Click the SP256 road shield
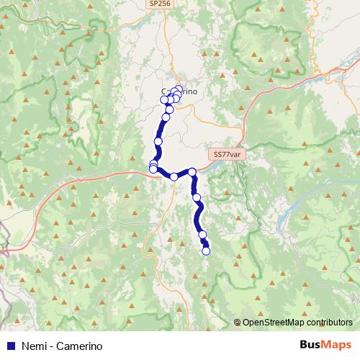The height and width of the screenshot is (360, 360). tap(160, 4)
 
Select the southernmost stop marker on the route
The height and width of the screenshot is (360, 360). tap(206, 251)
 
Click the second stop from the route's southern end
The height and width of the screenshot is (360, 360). tap(202, 235)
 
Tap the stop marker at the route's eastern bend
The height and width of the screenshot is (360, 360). tap(192, 171)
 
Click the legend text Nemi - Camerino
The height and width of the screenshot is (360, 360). tap(61, 346)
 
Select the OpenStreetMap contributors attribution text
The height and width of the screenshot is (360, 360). tap(297, 323)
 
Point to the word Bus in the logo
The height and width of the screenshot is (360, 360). tap(311, 345)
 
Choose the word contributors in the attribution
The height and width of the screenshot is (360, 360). tap(328, 323)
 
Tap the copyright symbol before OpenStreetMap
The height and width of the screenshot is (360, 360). tap(237, 323)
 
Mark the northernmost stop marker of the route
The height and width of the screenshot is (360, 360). tap(179, 89)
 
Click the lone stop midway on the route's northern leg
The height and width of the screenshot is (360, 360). tap(158, 142)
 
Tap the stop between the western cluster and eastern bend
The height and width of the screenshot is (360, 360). tap(174, 176)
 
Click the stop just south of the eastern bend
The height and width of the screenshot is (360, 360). tap(196, 197)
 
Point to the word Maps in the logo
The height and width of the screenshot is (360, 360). tap(338, 345)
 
